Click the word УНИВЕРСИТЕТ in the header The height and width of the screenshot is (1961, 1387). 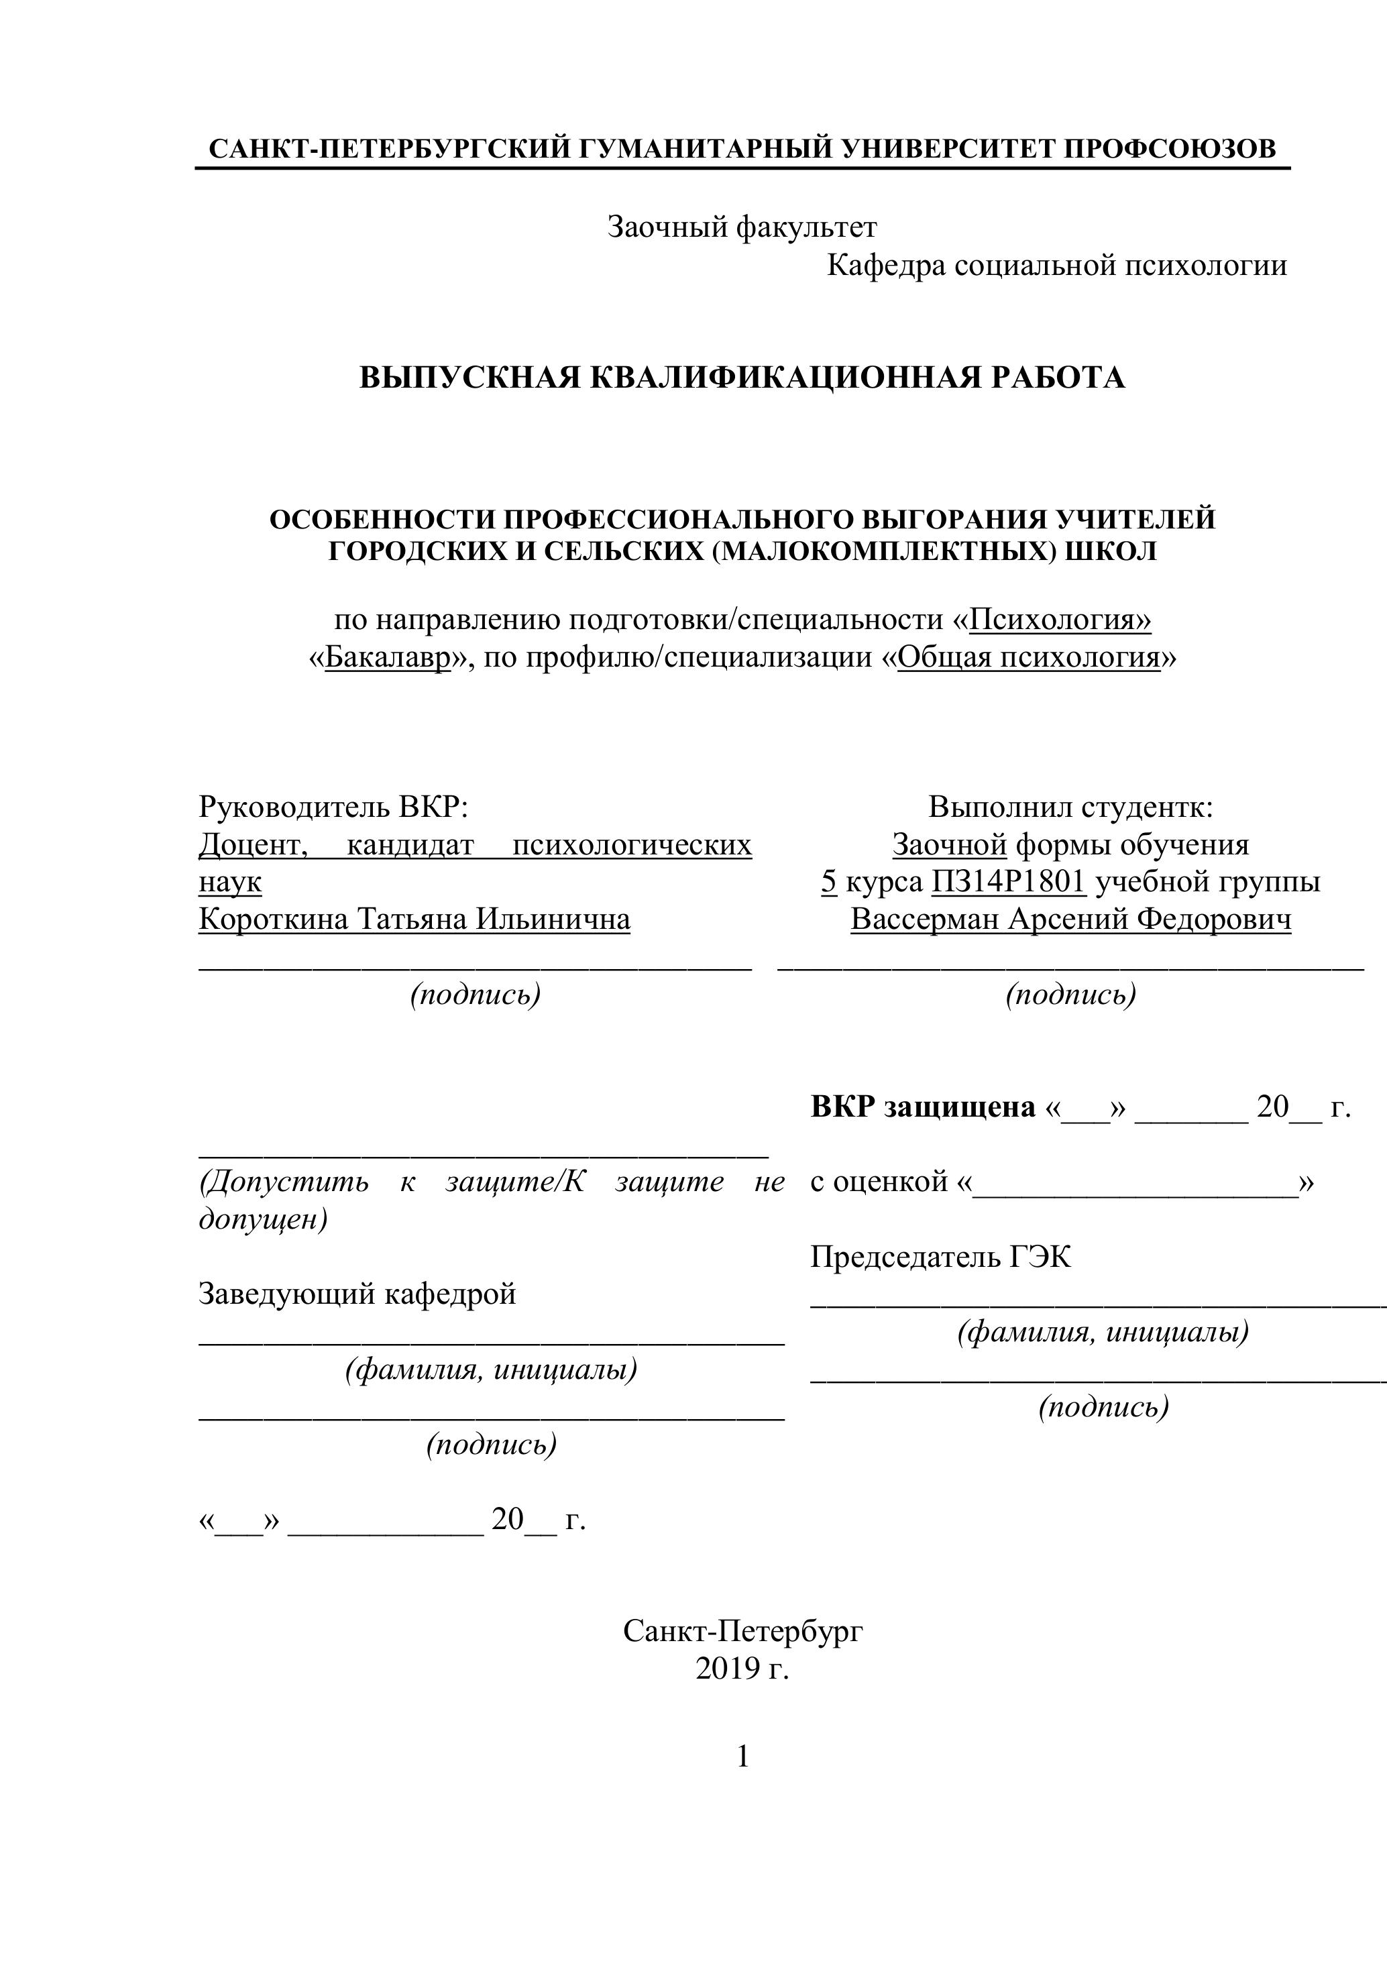[x=948, y=149]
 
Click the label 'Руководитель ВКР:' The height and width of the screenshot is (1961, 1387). [x=334, y=806]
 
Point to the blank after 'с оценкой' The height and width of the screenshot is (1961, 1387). [x=1135, y=1183]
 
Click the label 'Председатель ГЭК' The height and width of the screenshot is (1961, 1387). [x=940, y=1257]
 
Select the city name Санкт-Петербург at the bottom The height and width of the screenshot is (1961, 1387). [x=742, y=1631]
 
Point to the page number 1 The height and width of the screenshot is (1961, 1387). [x=742, y=1757]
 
